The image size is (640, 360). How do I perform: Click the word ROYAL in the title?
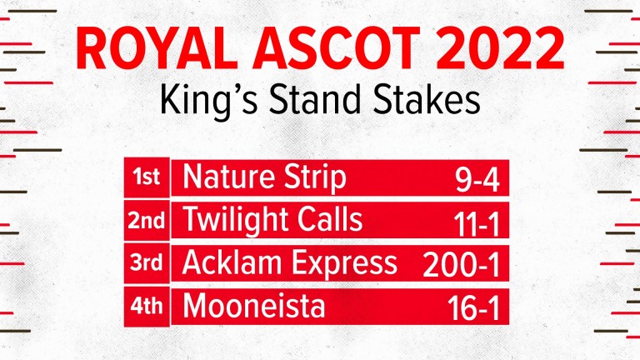[x=157, y=48]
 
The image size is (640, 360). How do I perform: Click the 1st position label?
[x=146, y=177]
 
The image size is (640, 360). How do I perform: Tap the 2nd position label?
[x=146, y=221]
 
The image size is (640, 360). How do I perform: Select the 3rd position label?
[x=146, y=262]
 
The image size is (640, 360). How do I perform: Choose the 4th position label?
[x=146, y=306]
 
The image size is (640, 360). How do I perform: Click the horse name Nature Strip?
[x=264, y=178]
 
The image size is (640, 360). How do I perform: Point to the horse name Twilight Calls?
[x=272, y=220]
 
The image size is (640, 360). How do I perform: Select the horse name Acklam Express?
[x=289, y=263]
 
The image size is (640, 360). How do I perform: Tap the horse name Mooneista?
[x=254, y=306]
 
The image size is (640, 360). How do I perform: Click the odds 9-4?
[x=477, y=180]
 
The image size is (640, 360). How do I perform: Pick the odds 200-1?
[x=461, y=266]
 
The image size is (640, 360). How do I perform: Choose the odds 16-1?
[x=473, y=309]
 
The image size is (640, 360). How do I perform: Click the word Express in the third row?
[x=343, y=264]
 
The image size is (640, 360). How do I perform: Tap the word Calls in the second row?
[x=330, y=219]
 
